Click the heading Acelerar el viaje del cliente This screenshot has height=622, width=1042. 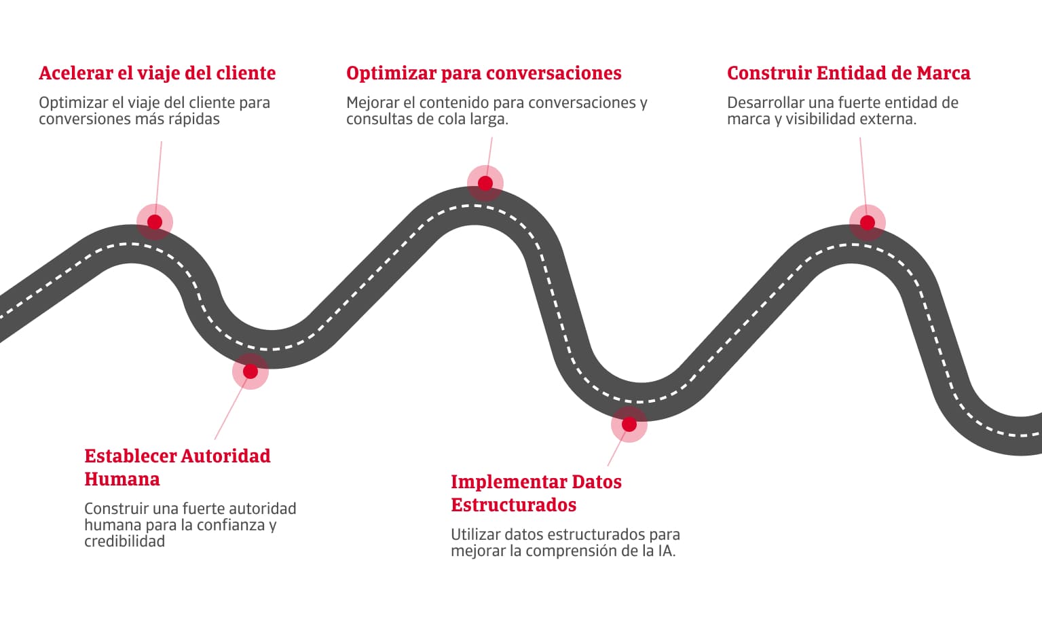157,73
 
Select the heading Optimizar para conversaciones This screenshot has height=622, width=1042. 483,73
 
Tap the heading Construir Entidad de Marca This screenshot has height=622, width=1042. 848,73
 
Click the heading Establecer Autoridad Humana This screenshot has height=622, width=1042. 176,467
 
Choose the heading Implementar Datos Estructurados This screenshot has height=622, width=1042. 536,493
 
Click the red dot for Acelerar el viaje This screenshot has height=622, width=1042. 155,222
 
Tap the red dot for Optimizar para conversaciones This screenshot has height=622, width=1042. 485,183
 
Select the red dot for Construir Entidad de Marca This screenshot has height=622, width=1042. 868,223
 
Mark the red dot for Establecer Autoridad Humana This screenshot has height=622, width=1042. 250,371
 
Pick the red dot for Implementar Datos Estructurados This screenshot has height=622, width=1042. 629,424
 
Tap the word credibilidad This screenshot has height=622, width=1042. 124,541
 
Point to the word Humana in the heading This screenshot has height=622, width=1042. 122,479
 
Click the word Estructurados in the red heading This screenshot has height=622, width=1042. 513,505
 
